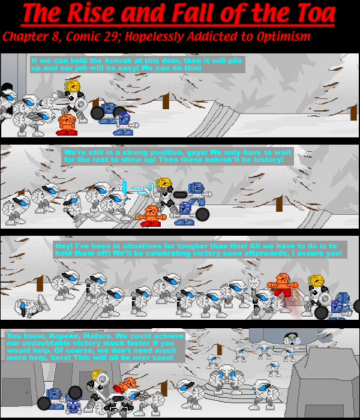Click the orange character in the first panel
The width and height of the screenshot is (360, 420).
coord(68,123)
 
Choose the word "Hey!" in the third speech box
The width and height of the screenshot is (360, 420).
coord(64,246)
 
